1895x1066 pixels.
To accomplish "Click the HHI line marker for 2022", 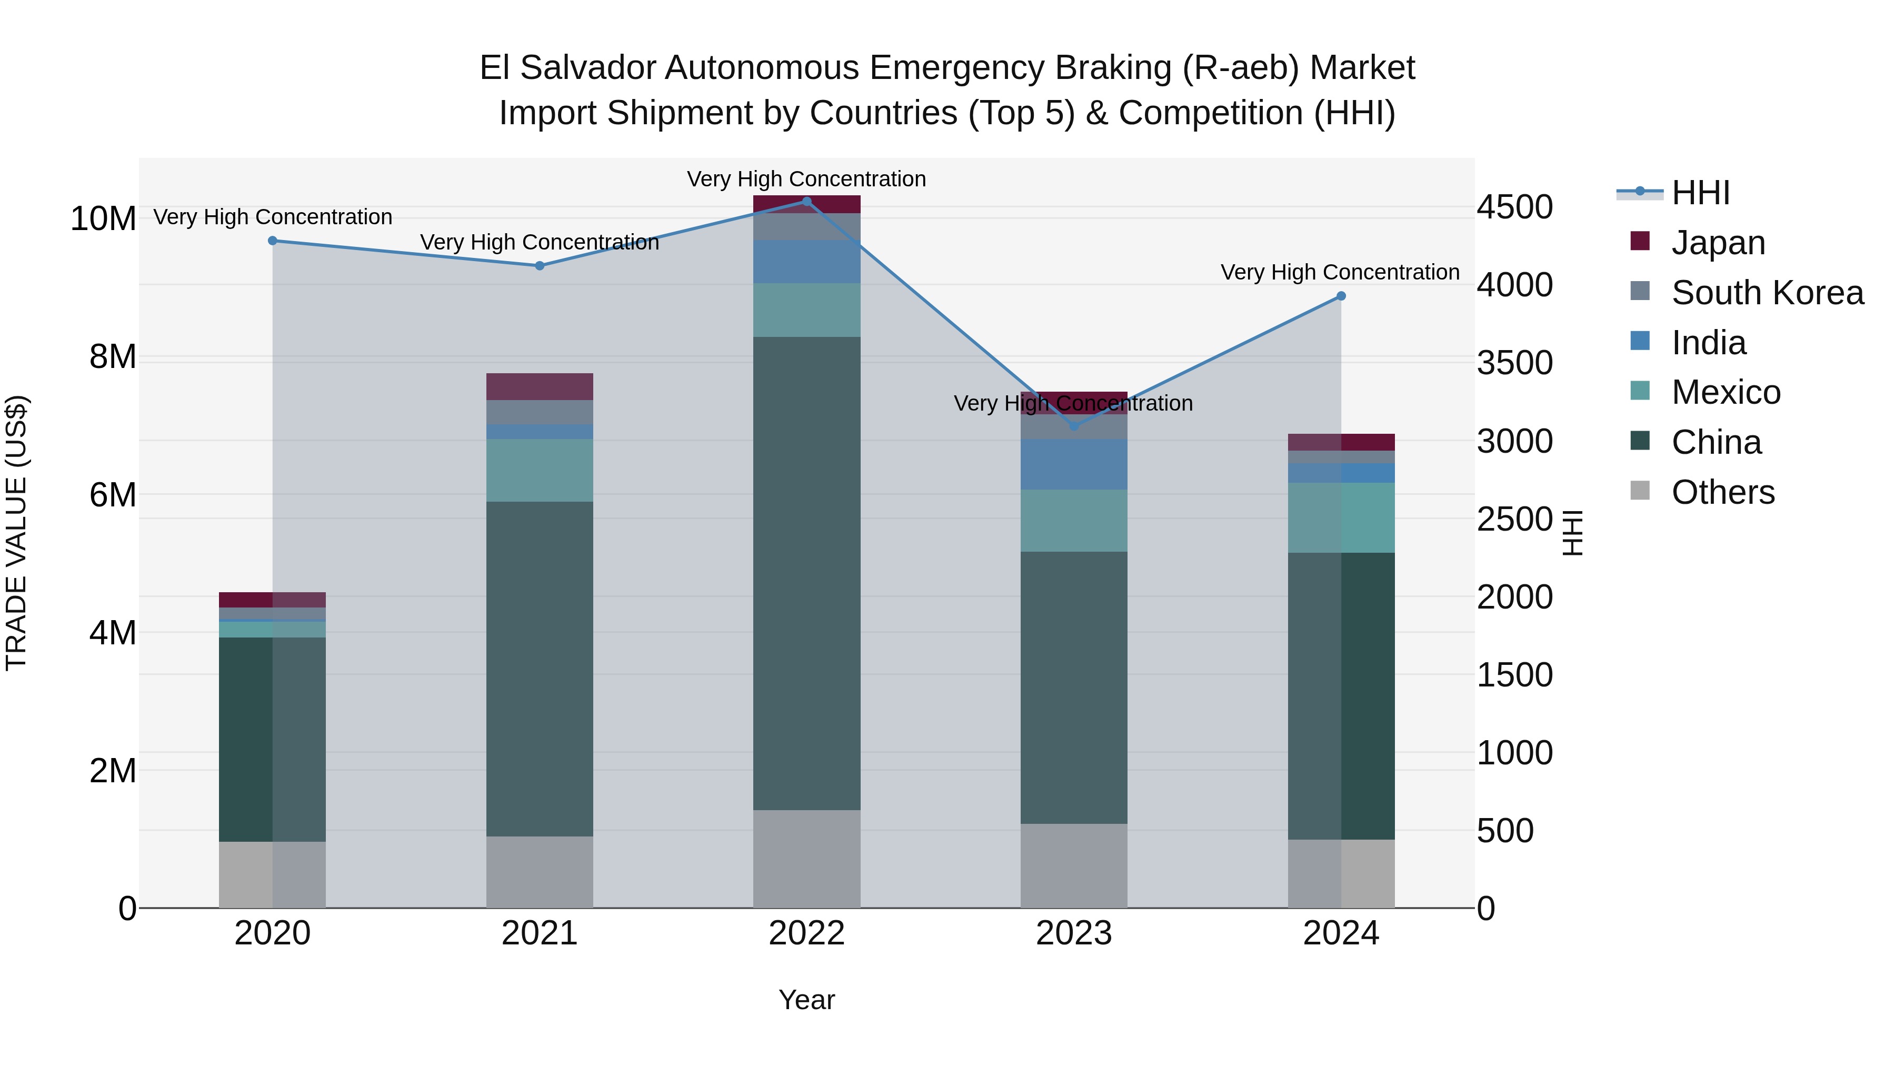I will pyautogui.click(x=806, y=202).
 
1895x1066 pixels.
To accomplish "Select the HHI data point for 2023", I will pyautogui.click(x=1073, y=426).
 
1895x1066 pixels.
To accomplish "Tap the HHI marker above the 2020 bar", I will pyautogui.click(x=272, y=241).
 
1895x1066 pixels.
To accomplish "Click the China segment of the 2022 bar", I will pyautogui.click(x=806, y=574).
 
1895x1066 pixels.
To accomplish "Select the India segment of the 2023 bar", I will pyautogui.click(x=1073, y=464).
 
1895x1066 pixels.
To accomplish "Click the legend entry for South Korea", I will pyautogui.click(x=1767, y=293).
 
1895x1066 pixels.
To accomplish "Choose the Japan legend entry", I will pyautogui.click(x=1718, y=243).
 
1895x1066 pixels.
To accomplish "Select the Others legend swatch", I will pyautogui.click(x=1640, y=491).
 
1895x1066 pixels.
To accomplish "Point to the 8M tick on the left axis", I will pyautogui.click(x=113, y=357).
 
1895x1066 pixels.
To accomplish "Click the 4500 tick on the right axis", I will pyautogui.click(x=1514, y=207).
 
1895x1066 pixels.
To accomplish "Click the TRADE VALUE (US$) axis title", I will pyautogui.click(x=16, y=533).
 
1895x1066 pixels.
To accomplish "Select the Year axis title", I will pyautogui.click(x=806, y=1000).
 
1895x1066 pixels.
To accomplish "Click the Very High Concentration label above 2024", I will pyautogui.click(x=1340, y=272).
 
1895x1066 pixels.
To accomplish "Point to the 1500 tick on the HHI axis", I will pyautogui.click(x=1514, y=675).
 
